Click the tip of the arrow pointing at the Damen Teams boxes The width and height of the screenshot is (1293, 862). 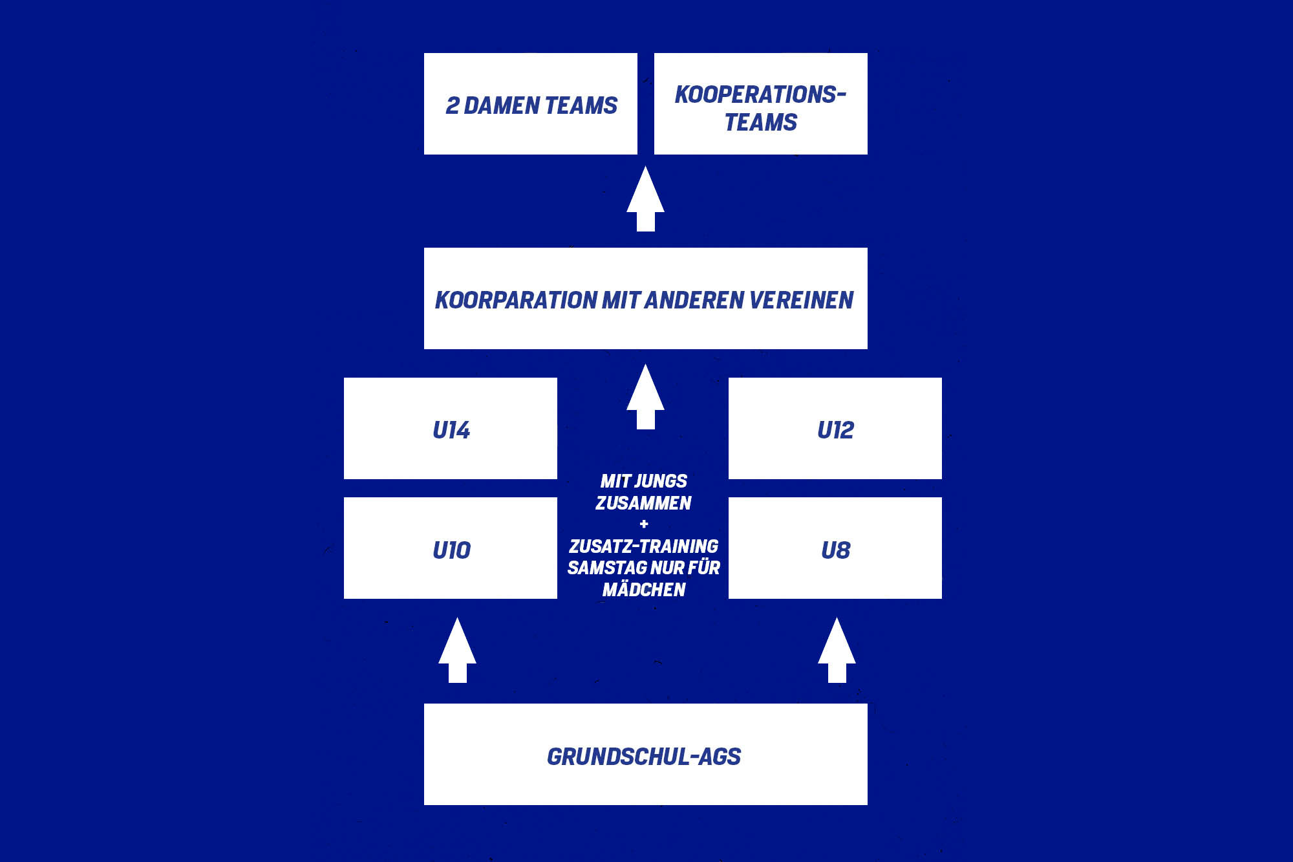[x=645, y=166]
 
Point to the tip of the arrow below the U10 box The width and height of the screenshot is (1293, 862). [x=457, y=618]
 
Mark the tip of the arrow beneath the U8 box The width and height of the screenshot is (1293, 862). [x=837, y=618]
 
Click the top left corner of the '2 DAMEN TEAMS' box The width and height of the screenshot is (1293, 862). [x=424, y=53]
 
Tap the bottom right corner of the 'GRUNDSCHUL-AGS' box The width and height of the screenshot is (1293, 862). [x=868, y=805]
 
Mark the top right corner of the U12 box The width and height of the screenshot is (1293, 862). [x=942, y=378]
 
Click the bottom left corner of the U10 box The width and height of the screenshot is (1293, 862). [x=344, y=599]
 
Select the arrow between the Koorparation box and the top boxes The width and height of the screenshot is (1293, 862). [x=645, y=199]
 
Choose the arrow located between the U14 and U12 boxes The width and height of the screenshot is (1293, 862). [x=645, y=396]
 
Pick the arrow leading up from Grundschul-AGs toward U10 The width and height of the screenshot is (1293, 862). [x=457, y=651]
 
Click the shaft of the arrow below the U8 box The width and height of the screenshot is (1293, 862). [x=837, y=673]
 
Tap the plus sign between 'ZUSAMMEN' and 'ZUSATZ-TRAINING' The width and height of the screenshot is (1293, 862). [x=644, y=524]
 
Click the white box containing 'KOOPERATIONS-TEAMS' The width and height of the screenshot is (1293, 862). [x=761, y=103]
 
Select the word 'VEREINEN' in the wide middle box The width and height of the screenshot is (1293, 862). [x=802, y=300]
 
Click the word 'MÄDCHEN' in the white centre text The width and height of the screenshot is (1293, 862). [x=644, y=589]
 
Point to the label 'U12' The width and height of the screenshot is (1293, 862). [x=835, y=430]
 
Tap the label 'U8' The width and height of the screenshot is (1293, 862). [x=835, y=550]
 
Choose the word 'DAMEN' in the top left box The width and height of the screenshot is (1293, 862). [x=502, y=105]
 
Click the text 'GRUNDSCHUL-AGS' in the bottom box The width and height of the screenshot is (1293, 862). [x=644, y=757]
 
